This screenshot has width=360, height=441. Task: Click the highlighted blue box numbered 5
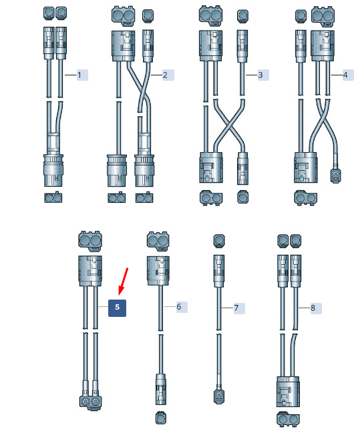pos(118,308)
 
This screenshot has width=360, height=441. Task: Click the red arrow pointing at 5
pos(123,282)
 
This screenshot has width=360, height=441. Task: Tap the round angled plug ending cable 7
pos(218,396)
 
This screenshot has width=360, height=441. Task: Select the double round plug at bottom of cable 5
pos(90,402)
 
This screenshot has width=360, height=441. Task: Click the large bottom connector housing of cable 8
pos(288,392)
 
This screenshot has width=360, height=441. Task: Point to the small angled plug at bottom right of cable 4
pos(335,174)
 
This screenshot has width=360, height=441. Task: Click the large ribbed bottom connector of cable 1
pos(53,170)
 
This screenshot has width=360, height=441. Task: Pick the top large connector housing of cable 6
pos(158,270)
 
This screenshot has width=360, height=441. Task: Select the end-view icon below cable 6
pos(160,418)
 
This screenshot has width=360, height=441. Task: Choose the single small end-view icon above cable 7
pos(218,241)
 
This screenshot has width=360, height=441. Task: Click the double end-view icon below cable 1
pos(53,197)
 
